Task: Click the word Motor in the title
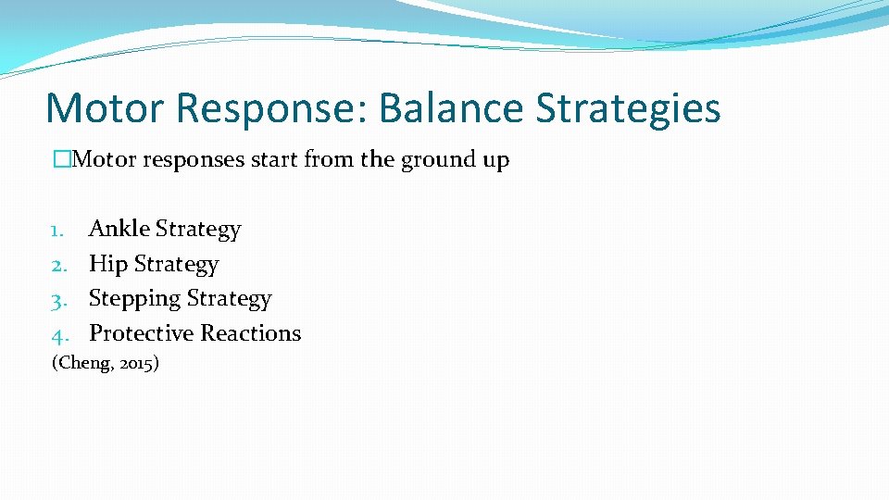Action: (x=105, y=107)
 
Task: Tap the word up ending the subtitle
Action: (x=495, y=160)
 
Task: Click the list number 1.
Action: (x=56, y=230)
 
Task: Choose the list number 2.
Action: (x=56, y=265)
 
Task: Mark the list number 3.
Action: (x=56, y=299)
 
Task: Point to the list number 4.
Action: (x=56, y=333)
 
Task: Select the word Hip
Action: (x=107, y=264)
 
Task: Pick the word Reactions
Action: (x=251, y=333)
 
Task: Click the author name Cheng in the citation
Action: (x=87, y=363)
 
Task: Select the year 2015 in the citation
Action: (x=138, y=363)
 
